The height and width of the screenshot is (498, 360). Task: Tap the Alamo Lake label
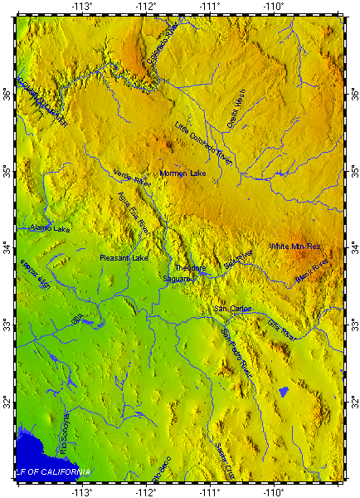[x=50, y=227]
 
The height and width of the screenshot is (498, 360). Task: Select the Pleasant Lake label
[x=123, y=258]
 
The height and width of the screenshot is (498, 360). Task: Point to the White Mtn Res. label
[x=294, y=247]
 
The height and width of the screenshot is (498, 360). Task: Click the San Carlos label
[x=232, y=309]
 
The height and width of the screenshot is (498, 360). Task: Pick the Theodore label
[x=190, y=268]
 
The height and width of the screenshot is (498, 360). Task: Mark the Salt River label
[x=237, y=260]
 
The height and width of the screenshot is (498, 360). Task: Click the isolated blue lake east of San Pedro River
[x=283, y=390]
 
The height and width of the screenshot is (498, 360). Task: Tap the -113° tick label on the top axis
[x=81, y=7]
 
